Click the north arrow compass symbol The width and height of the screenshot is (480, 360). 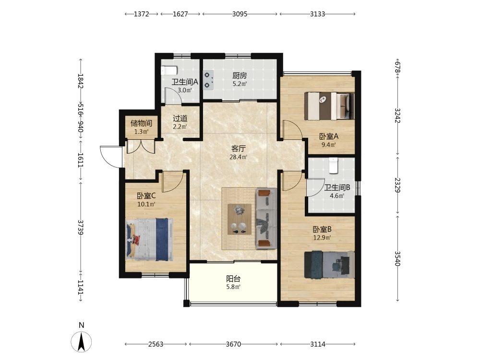pos(81,341)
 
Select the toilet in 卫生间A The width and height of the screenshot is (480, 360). pos(169,71)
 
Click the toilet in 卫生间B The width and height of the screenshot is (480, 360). pos(333,165)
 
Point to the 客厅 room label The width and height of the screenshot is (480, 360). pos(239,149)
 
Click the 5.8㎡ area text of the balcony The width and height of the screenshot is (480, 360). pos(233,287)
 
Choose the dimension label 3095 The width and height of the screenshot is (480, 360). pos(240,14)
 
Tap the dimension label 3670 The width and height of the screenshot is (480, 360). pos(233,344)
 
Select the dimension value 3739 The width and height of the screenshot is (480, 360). pos(81,227)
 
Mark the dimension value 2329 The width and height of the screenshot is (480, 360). pos(397,185)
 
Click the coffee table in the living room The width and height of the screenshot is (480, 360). pos(240,219)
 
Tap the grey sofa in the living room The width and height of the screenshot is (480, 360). pos(266,218)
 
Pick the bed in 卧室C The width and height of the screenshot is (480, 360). pos(149,240)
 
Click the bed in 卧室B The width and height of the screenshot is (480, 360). pos(329,265)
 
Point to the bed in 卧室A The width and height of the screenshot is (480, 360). pos(329,106)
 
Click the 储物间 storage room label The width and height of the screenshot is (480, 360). pos(141,123)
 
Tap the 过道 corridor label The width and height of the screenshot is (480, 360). pos(180,119)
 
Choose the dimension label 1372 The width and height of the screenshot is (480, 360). pos(142,14)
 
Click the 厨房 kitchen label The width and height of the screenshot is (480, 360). pos(240,76)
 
